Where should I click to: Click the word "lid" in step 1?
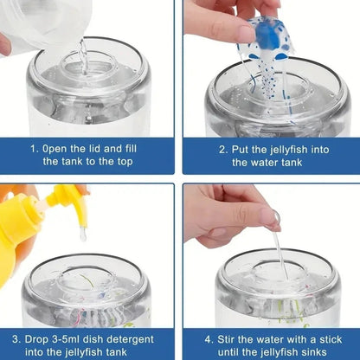(94, 149)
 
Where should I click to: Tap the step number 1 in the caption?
(35, 149)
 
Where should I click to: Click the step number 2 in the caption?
(222, 150)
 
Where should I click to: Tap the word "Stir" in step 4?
(227, 339)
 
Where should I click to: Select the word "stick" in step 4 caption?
(331, 339)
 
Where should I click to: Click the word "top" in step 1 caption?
(125, 162)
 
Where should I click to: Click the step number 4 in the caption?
(209, 339)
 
